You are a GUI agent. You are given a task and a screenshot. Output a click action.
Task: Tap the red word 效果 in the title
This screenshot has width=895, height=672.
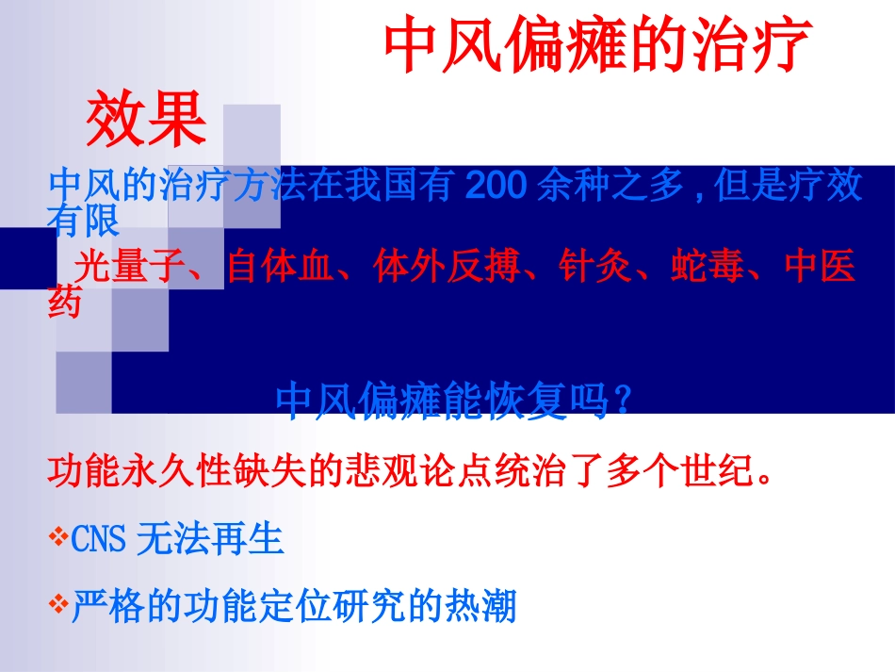coord(146,120)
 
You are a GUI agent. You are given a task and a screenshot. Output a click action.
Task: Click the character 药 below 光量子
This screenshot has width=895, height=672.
coord(64,303)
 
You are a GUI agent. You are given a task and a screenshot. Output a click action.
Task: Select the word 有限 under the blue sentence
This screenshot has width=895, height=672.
coord(83,221)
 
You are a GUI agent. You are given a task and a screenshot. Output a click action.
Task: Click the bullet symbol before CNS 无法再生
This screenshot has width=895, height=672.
coord(57,539)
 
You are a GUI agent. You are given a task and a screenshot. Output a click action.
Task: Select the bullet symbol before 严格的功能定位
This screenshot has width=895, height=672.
coord(57,604)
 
